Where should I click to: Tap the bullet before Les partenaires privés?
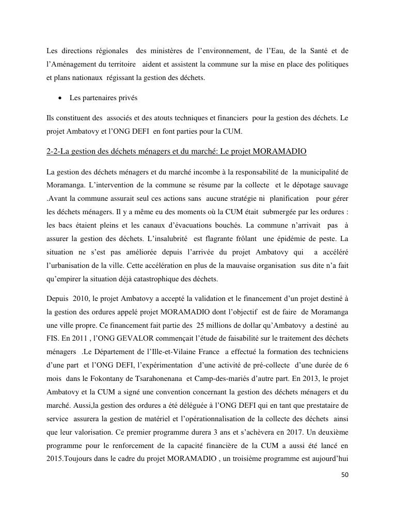61,98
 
